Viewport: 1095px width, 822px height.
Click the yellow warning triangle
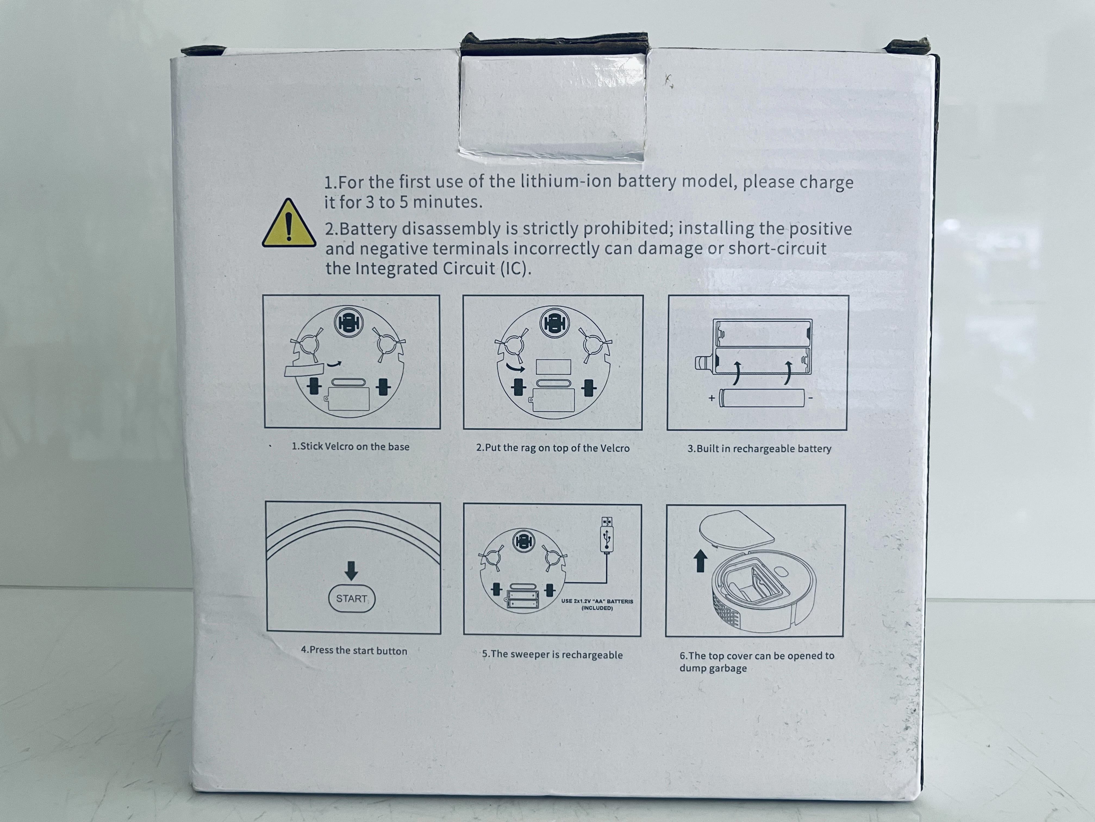289,224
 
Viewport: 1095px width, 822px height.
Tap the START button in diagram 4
351,598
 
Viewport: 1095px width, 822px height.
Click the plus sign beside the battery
711,398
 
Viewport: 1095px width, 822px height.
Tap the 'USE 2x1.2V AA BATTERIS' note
597,604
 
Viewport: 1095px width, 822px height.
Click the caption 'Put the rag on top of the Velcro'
553,448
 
